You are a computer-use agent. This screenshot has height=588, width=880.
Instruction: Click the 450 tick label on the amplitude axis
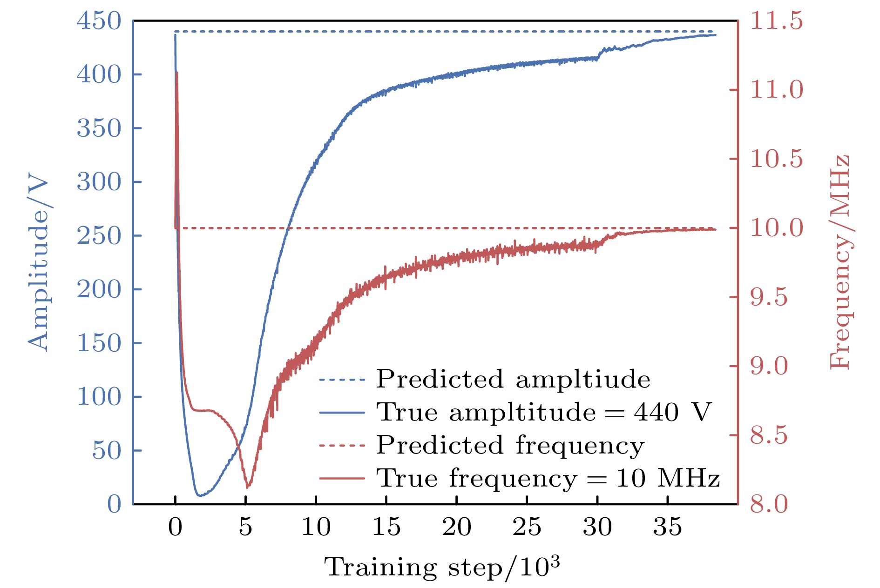click(99, 21)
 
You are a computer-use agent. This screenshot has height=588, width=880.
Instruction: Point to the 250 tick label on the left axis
click(99, 235)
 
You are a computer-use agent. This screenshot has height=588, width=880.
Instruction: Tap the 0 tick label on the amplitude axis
click(114, 504)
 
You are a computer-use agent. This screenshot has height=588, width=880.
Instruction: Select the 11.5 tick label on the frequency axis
click(776, 21)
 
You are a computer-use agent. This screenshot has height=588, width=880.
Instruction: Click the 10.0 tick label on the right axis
click(776, 228)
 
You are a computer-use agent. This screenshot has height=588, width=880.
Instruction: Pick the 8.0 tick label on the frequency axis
click(769, 504)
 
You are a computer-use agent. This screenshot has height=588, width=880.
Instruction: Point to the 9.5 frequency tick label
click(769, 297)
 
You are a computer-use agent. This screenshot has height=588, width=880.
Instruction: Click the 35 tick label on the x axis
click(667, 527)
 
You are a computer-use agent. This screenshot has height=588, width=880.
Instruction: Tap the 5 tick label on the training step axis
click(245, 527)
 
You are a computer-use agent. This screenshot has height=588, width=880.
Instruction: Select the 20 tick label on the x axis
click(456, 527)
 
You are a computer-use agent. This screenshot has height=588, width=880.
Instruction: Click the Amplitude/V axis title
click(38, 263)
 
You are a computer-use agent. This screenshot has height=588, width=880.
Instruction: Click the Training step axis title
click(441, 567)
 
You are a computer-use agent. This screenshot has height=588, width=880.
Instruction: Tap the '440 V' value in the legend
click(672, 412)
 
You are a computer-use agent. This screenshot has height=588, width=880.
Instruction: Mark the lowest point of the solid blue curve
click(200, 496)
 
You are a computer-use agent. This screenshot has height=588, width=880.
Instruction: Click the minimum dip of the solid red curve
click(247, 487)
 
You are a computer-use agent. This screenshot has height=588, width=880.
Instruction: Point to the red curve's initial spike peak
click(177, 73)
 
